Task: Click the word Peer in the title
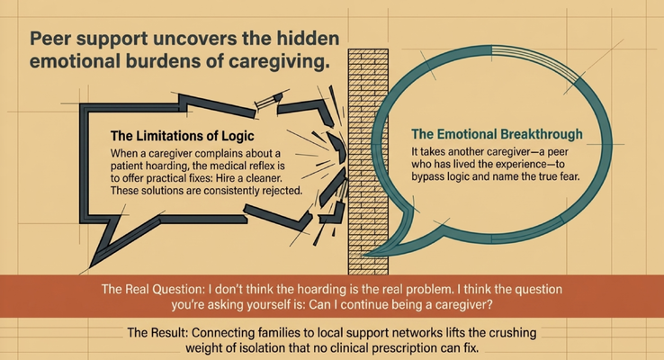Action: (50, 39)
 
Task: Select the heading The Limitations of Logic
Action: (182, 136)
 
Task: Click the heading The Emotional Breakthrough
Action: (497, 134)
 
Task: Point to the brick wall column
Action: (368, 161)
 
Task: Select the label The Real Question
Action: (153, 289)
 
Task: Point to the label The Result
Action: (157, 332)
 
